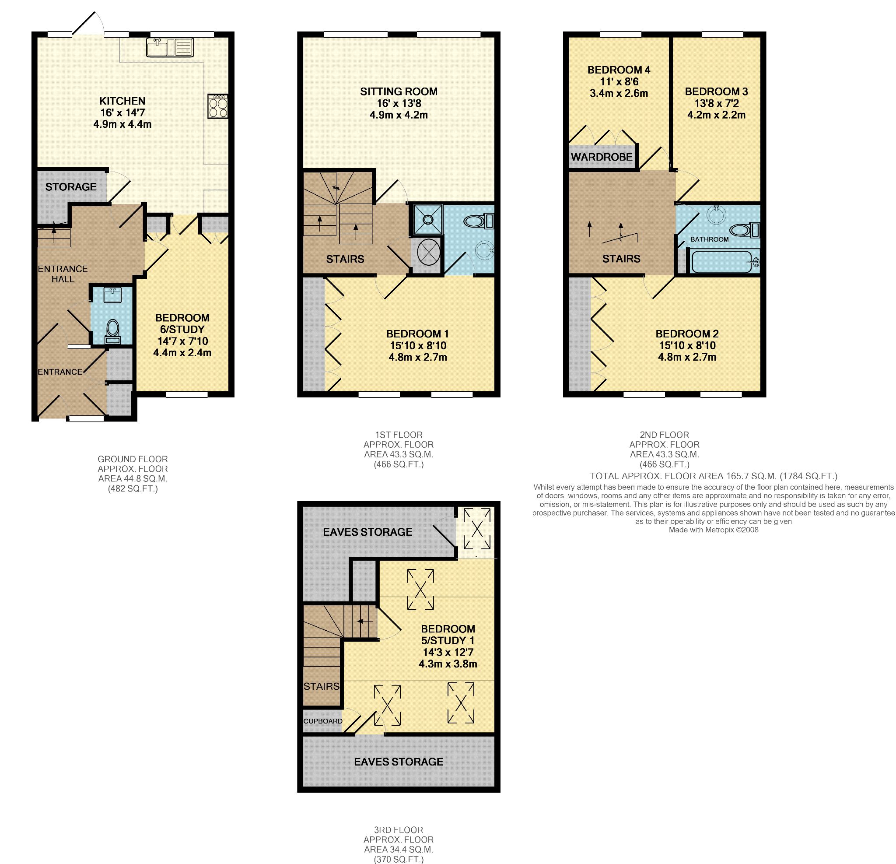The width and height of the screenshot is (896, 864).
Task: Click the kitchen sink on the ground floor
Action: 170,47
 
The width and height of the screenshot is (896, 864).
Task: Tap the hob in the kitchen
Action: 218,106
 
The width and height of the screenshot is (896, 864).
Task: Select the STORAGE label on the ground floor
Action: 71,186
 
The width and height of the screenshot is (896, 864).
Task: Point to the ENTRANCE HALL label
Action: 63,274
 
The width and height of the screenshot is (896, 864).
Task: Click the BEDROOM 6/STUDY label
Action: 182,323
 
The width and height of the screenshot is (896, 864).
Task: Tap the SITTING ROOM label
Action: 399,91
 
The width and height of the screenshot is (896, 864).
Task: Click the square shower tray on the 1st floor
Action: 428,220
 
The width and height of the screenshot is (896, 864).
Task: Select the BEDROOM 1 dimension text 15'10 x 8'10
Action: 418,346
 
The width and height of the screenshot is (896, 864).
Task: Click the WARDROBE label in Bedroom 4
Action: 602,157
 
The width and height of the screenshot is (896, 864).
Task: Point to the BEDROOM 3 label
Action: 716,91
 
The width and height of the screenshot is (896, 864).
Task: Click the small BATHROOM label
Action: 710,239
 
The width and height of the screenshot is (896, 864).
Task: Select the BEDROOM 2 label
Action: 687,334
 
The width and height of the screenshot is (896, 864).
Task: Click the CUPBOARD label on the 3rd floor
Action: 323,721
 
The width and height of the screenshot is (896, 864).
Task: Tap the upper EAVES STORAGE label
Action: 367,532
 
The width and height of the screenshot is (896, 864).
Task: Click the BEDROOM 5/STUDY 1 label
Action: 448,634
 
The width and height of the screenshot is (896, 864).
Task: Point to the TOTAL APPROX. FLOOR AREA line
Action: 714,476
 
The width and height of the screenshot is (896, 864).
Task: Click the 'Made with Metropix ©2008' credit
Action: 714,530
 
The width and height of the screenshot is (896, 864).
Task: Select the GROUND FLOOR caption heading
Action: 133,459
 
